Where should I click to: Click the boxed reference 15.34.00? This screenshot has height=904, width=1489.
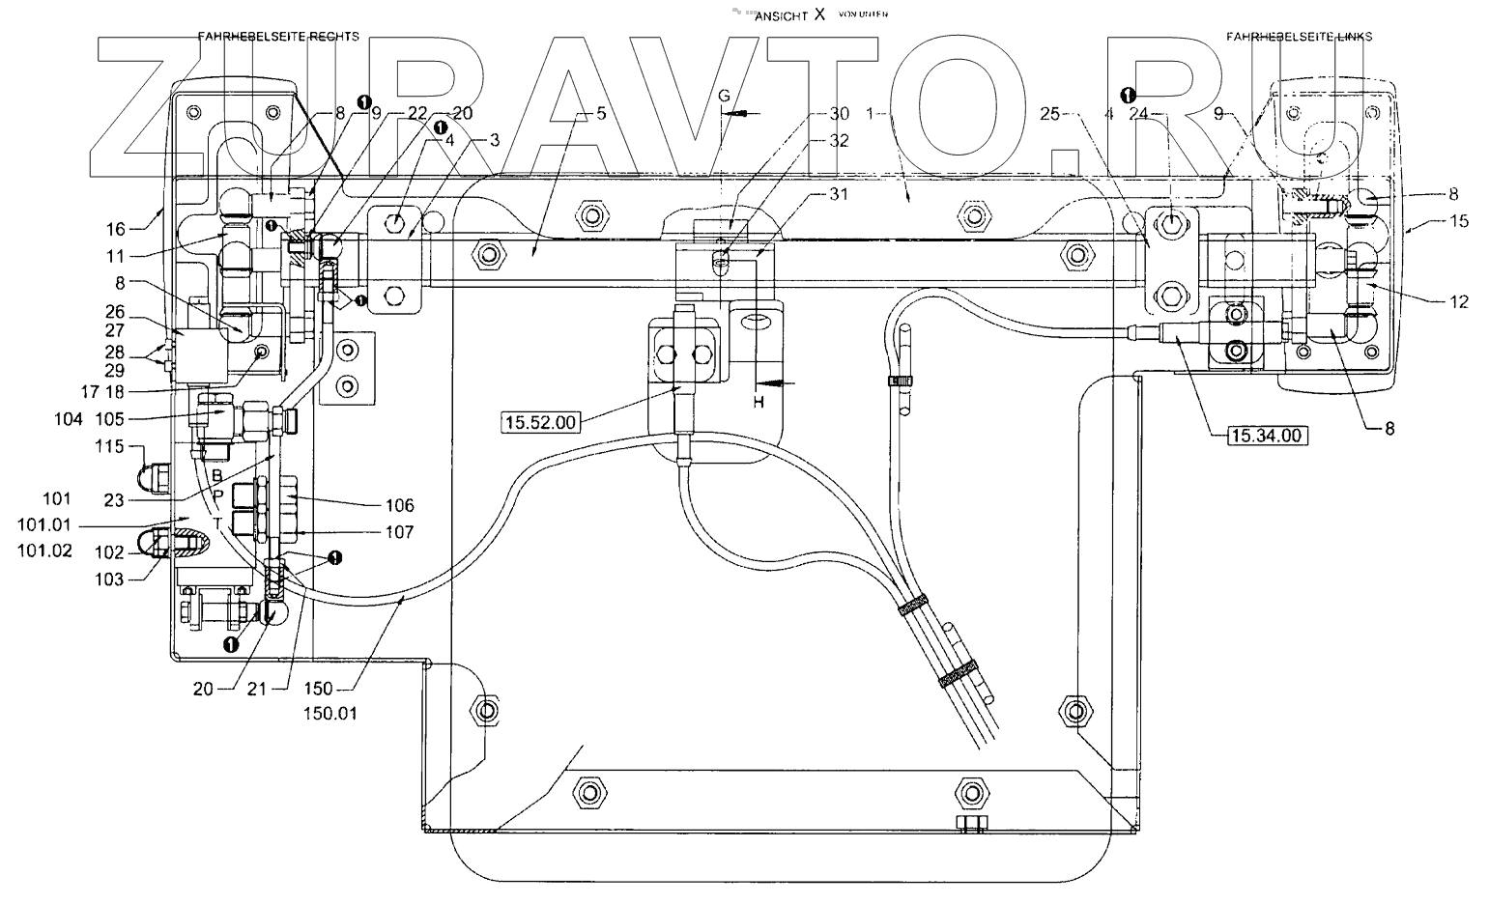1267,436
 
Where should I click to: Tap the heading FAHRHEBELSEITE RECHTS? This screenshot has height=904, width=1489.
278,37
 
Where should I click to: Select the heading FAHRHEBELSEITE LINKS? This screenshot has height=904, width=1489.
1299,37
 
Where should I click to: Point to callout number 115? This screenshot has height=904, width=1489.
111,447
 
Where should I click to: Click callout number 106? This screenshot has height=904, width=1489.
399,505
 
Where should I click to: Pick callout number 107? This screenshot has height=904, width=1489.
399,532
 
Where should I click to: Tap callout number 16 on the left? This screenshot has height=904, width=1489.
116,229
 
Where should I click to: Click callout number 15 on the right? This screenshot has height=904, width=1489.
1458,221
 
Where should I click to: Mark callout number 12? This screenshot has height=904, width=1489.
1458,302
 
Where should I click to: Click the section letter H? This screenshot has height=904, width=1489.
759,402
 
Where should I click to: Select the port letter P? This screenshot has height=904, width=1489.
218,496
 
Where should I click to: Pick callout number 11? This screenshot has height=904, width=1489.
116,258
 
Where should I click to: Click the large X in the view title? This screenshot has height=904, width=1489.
820,14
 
